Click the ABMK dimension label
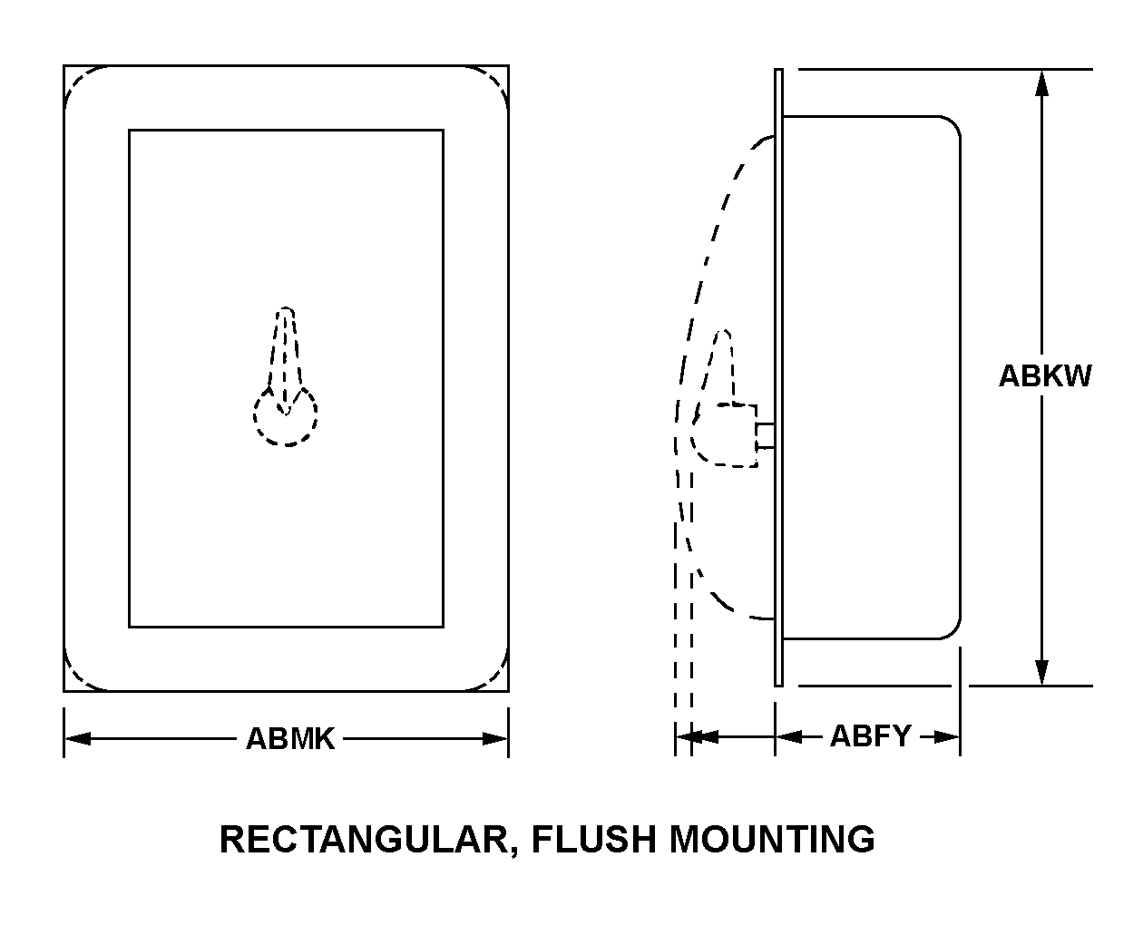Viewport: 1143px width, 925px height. pyautogui.click(x=290, y=739)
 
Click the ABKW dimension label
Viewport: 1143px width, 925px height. pyautogui.click(x=1045, y=375)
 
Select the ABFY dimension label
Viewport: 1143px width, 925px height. pyautogui.click(x=870, y=735)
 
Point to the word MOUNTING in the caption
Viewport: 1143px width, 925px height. pyautogui.click(x=772, y=839)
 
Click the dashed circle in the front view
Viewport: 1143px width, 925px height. pyautogui.click(x=285, y=419)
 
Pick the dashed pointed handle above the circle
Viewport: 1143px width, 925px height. pyautogui.click(x=286, y=349)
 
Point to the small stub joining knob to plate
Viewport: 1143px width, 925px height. pyautogui.click(x=766, y=435)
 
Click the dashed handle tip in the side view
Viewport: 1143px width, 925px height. pyautogui.click(x=723, y=337)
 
